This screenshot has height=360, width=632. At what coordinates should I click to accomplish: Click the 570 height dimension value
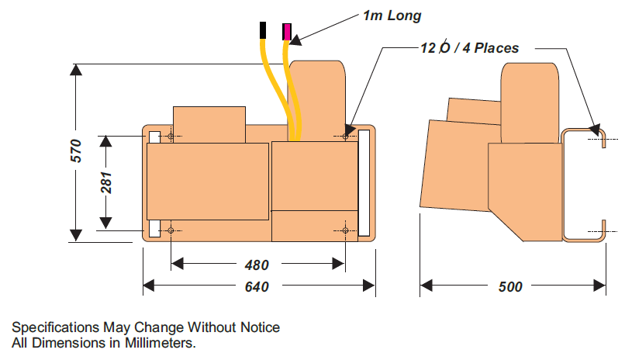75,150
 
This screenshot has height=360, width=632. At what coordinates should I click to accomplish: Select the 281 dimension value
107,182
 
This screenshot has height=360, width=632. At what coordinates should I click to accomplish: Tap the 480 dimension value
257,265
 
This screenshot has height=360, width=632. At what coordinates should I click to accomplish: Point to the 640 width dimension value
257,287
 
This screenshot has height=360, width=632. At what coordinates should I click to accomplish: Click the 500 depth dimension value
509,287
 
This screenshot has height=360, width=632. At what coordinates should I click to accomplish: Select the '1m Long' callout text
392,15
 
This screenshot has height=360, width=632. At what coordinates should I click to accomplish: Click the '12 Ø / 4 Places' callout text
468,48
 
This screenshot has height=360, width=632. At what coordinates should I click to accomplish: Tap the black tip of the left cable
264,30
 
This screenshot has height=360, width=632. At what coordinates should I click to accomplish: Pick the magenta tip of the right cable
287,31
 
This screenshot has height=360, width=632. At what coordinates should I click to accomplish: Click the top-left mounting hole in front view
171,137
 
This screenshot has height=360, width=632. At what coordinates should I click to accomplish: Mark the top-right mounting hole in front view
346,137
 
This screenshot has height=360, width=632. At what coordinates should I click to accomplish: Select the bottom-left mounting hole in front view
171,230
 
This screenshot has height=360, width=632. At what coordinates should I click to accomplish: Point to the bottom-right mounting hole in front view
346,230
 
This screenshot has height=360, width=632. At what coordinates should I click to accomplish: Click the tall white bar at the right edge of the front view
364,183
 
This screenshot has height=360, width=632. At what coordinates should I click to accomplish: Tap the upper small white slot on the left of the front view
154,137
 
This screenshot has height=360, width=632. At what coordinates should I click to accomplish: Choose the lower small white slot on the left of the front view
154,229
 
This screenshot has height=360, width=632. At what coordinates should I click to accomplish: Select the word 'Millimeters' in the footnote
160,342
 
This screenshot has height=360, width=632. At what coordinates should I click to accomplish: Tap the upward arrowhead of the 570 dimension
75,69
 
